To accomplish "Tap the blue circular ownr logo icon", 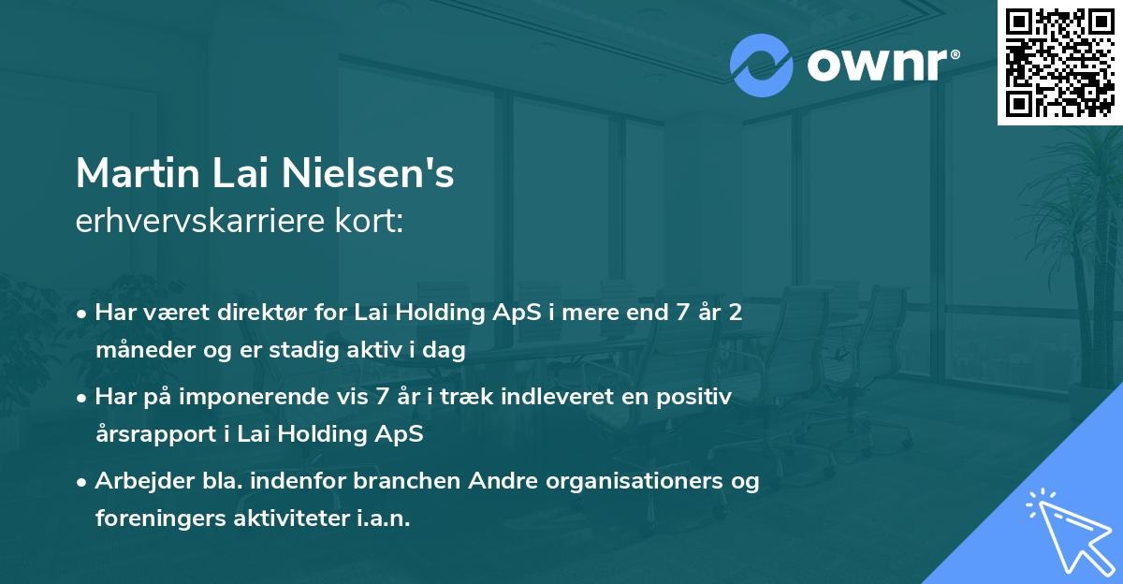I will pos(761,66).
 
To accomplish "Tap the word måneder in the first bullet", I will pos(139,351).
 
